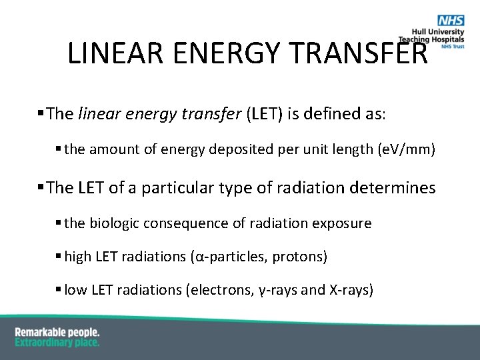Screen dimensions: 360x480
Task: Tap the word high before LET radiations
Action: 78,257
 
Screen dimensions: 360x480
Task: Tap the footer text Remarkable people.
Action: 57,331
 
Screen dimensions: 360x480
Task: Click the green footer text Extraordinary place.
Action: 57,342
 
